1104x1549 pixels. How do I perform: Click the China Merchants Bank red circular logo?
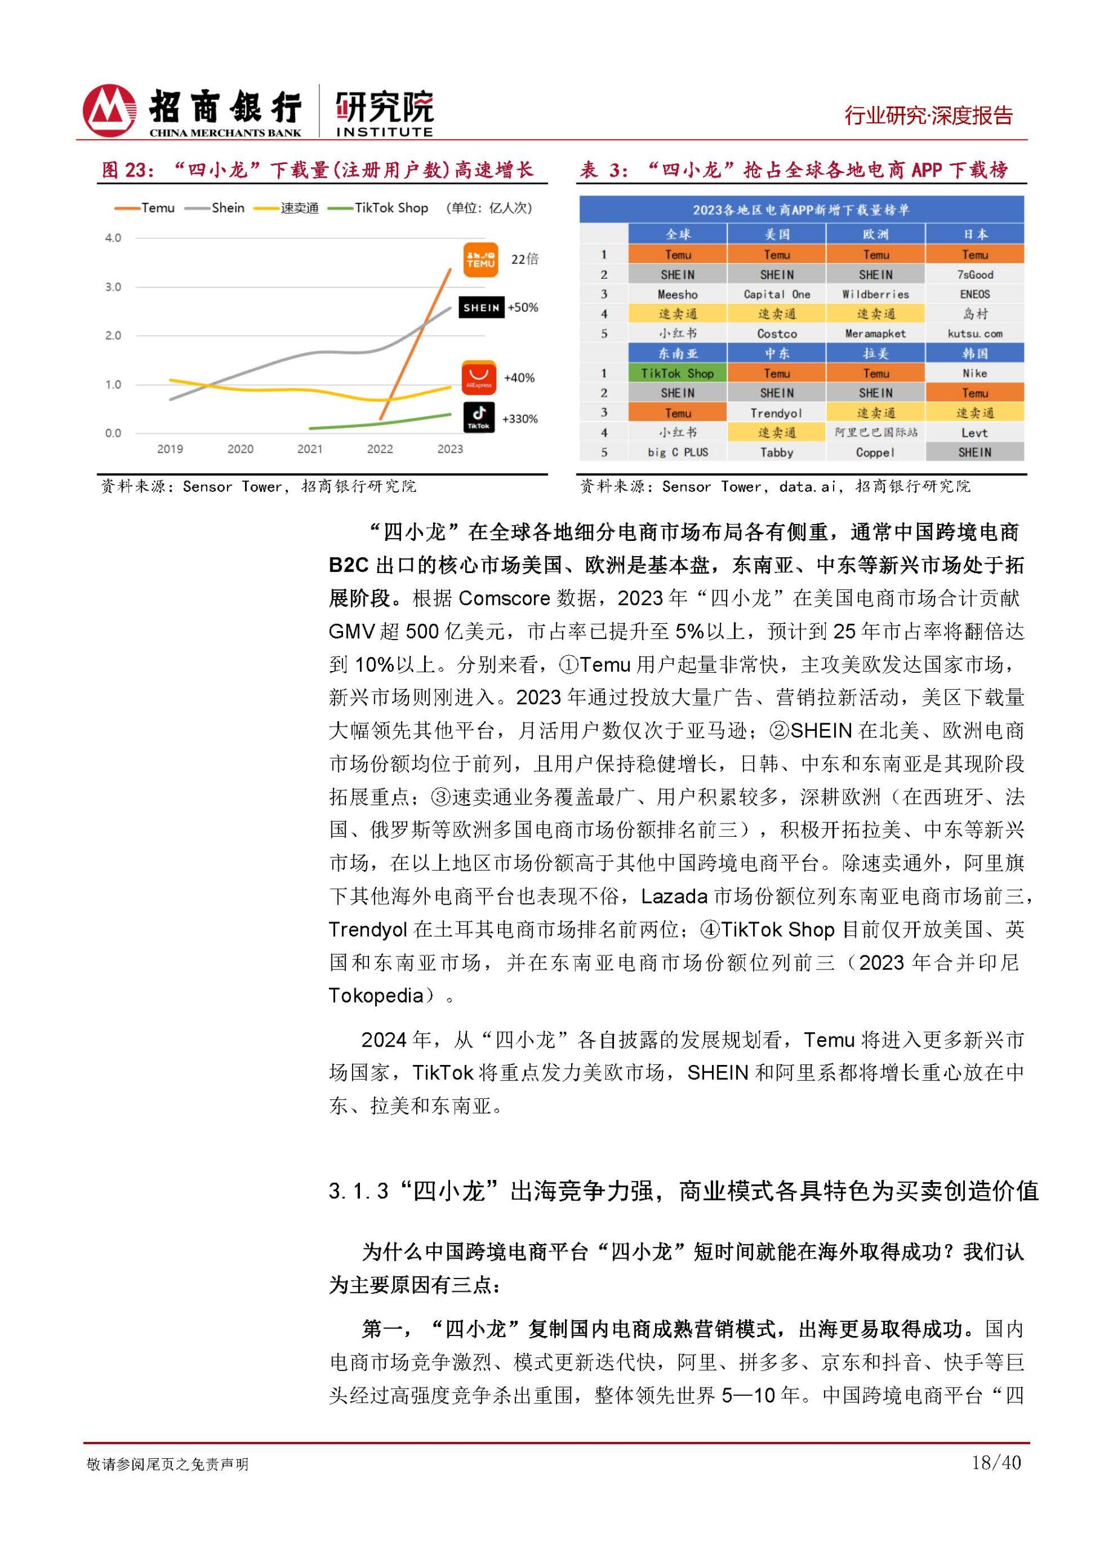coord(109,110)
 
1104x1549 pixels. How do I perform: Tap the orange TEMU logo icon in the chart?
coord(480,260)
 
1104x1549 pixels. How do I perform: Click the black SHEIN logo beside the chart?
coord(482,307)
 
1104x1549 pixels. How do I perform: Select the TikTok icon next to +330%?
coord(479,417)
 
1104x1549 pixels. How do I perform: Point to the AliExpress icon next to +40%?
coord(479,378)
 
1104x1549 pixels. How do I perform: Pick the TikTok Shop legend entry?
coord(379,208)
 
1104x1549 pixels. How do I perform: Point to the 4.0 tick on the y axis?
coord(113,238)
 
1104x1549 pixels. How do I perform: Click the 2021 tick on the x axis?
coord(310,449)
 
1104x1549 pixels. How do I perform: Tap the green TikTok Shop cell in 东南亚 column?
coord(677,373)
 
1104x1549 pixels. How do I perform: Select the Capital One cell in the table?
coord(776,295)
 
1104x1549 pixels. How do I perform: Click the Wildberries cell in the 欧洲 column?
coord(875,295)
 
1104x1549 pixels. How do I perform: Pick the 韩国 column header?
coord(974,353)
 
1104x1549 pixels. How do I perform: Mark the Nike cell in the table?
coord(974,373)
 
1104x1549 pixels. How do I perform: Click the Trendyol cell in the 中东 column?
coord(776,413)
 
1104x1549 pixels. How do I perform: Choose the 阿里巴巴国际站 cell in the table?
coord(875,433)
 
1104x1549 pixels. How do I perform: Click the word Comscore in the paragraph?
coord(504,598)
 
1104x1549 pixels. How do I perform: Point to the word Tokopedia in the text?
coord(376,996)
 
